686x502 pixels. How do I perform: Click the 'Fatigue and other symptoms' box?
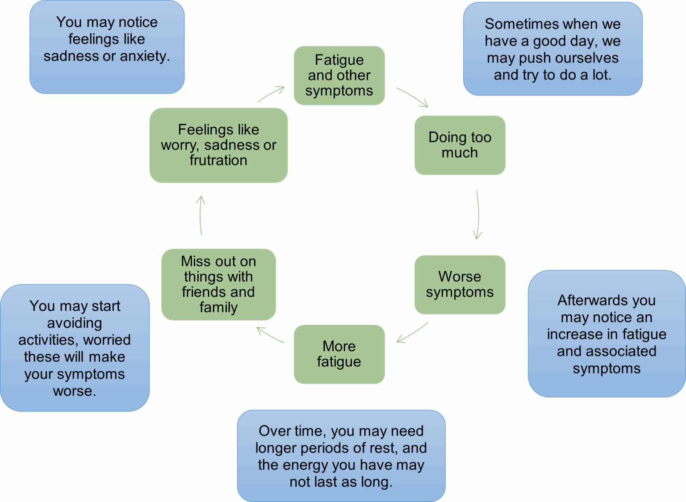pos(339,75)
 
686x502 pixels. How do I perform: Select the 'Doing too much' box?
pos(460,145)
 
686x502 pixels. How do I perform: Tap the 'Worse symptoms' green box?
pos(460,284)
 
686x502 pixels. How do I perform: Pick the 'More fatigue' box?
pos(339,354)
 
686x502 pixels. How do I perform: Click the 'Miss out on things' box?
pos(218,284)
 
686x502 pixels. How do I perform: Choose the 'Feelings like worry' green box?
pos(218,145)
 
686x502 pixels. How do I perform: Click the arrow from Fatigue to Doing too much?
pos(412,97)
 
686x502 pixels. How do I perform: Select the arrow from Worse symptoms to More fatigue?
pos(412,333)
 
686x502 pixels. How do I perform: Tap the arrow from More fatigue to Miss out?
pos(270,335)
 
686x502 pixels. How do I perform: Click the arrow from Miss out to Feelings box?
pos(201,215)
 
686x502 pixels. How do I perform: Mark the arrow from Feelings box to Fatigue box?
pos(271,94)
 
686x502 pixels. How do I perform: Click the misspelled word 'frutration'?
pos(218,160)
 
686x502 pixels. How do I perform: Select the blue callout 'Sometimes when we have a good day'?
pos(552,49)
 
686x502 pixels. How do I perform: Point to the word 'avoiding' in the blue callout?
pos(75,323)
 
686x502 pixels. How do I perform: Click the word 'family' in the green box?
pos(218,308)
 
